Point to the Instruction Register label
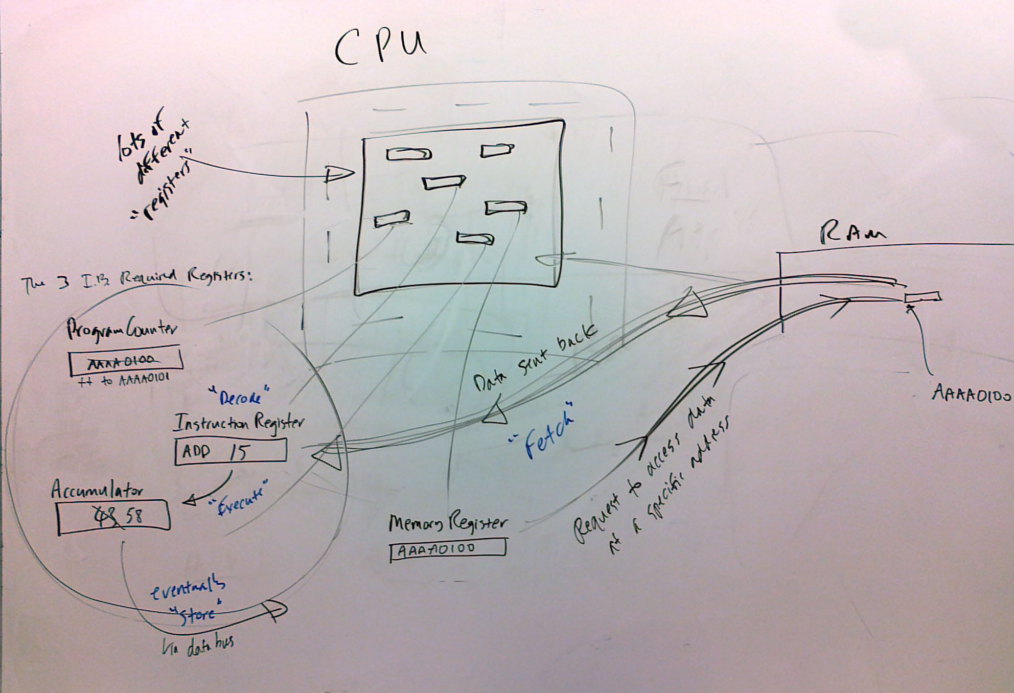coord(239,424)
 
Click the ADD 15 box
coord(230,452)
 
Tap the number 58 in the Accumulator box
coord(135,517)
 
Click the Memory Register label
coord(448,523)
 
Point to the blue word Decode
coord(240,397)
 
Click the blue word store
coord(198,613)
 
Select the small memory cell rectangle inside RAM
coord(923,297)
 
